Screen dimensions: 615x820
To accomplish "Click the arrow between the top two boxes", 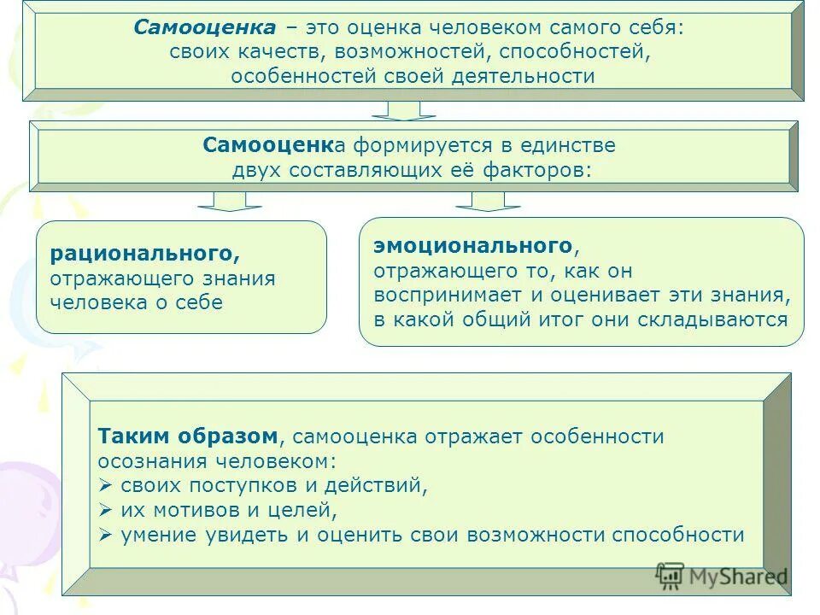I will tap(403, 110).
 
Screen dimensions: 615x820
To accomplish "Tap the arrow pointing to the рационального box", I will tap(230, 201).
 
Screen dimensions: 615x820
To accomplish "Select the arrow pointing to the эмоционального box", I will tap(488, 201).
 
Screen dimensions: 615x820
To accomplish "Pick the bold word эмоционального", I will tap(471, 246).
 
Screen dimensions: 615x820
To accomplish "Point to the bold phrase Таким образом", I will tap(188, 436).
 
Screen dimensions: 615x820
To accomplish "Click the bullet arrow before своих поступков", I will tap(106, 486).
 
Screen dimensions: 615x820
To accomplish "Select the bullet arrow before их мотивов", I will tap(106, 511).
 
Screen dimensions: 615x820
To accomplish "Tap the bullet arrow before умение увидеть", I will tap(106, 536).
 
